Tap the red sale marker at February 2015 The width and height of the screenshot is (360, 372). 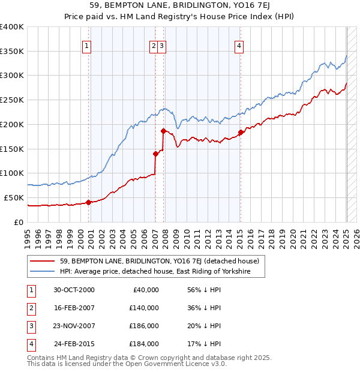[x=241, y=132]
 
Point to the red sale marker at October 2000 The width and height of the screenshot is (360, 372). [x=88, y=202]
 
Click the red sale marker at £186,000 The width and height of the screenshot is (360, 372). [x=163, y=130]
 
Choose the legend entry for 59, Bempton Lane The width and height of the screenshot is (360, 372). [x=159, y=261]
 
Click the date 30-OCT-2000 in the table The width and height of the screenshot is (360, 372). [x=74, y=290]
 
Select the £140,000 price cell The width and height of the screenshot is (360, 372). [x=144, y=308]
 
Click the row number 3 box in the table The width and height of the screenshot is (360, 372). [x=30, y=326]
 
